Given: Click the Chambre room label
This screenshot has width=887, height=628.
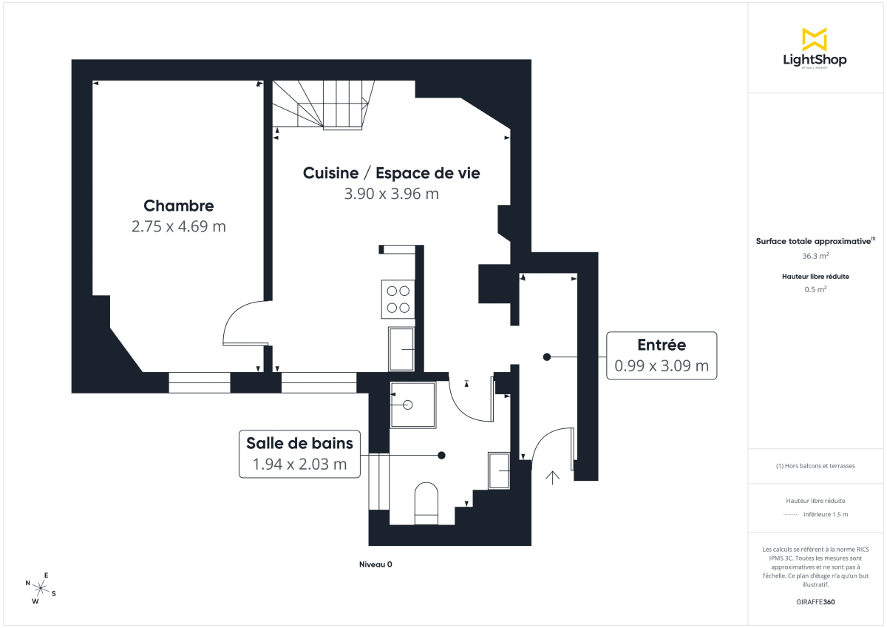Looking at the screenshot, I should pyautogui.click(x=178, y=206).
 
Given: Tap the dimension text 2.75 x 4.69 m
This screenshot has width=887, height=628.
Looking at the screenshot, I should pyautogui.click(x=178, y=227).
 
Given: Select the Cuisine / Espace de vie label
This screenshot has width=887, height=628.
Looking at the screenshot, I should pyautogui.click(x=391, y=173).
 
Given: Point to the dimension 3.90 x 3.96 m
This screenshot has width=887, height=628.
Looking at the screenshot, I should pyautogui.click(x=391, y=194).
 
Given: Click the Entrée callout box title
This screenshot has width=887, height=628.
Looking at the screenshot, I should pyautogui.click(x=661, y=345).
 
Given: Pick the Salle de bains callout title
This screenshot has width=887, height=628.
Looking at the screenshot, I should pyautogui.click(x=299, y=443).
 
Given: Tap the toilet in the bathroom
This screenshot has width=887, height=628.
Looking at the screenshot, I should pyautogui.click(x=426, y=503).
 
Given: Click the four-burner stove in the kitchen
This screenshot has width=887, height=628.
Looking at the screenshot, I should pyautogui.click(x=398, y=299).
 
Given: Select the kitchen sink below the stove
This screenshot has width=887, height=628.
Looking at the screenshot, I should pyautogui.click(x=401, y=349).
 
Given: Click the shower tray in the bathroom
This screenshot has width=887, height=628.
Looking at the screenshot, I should pyautogui.click(x=412, y=405).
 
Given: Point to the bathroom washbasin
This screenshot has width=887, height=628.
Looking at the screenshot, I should pyautogui.click(x=499, y=470).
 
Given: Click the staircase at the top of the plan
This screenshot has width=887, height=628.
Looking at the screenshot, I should pyautogui.click(x=323, y=105).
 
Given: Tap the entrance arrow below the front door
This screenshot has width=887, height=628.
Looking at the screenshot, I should pyautogui.click(x=552, y=476).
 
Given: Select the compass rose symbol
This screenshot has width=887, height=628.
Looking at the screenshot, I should pyautogui.click(x=41, y=588).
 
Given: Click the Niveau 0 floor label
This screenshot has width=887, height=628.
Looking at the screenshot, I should pyautogui.click(x=375, y=564).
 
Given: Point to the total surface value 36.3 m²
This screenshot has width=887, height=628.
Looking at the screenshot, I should pyautogui.click(x=815, y=256).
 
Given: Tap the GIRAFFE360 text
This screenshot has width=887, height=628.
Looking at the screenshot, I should pyautogui.click(x=815, y=602).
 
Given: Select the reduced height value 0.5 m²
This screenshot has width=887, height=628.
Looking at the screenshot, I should pyautogui.click(x=815, y=289).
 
